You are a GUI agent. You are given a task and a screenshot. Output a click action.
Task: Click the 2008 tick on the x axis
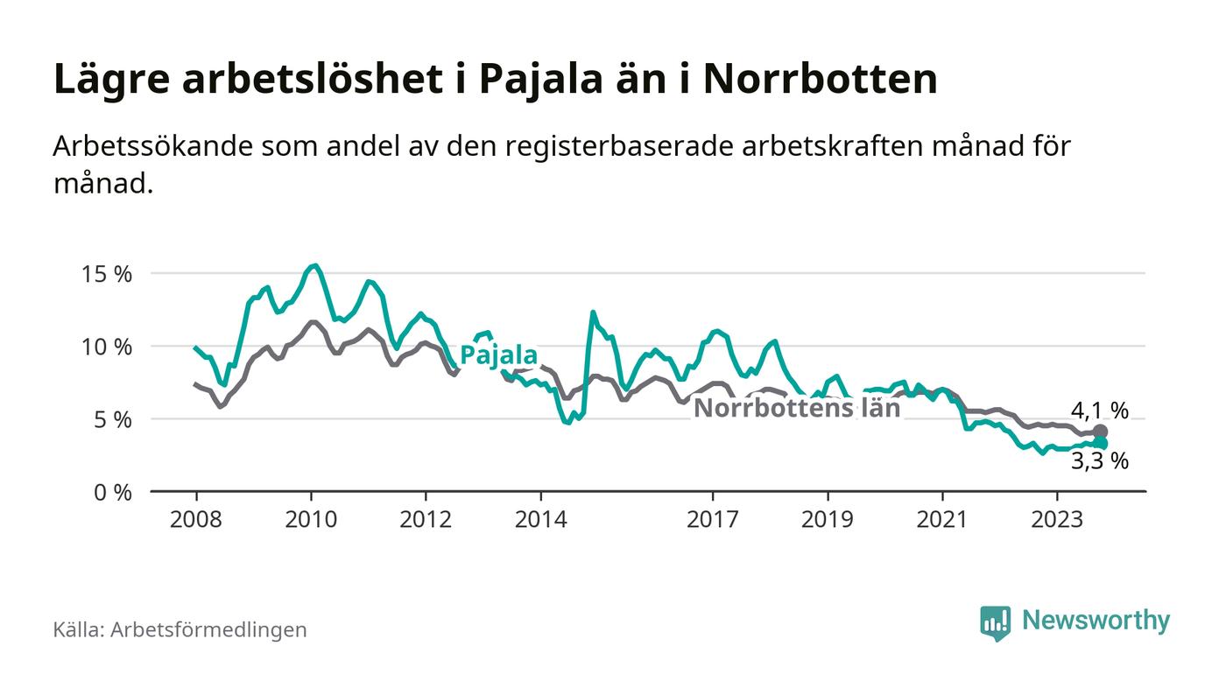click(195, 519)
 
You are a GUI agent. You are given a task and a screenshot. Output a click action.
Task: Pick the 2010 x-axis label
click(311, 519)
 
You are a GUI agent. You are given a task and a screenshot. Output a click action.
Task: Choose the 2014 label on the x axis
click(541, 519)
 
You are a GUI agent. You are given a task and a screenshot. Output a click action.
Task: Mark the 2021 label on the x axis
click(942, 519)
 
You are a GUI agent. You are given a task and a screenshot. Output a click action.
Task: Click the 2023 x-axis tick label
click(1057, 519)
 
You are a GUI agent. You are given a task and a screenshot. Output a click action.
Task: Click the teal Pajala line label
click(498, 355)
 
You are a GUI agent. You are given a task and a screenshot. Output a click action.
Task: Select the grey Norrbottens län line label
click(797, 409)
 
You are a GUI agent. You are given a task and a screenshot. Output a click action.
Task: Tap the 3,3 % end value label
click(1099, 461)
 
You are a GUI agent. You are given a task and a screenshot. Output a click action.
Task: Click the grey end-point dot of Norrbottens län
click(1100, 432)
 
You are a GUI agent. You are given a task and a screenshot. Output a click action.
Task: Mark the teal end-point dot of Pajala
click(1100, 444)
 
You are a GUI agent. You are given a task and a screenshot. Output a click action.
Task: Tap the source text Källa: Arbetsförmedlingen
click(180, 629)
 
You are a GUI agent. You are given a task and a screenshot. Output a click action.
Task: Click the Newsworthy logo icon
click(995, 622)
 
